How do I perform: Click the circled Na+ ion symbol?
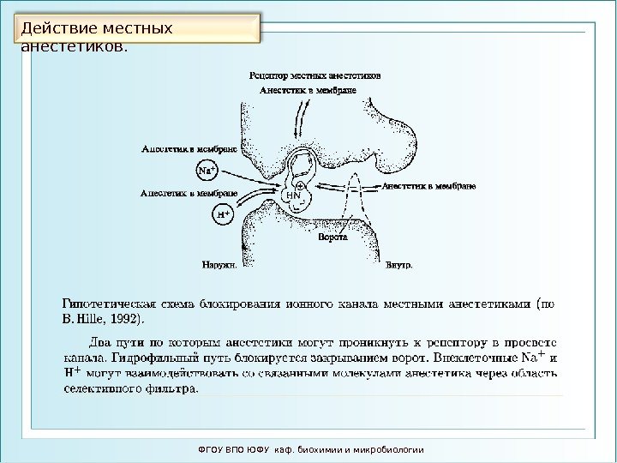[207, 170]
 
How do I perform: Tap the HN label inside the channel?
[293, 196]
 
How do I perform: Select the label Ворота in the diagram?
[331, 237]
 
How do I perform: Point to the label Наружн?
[221, 264]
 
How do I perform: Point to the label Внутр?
[398, 264]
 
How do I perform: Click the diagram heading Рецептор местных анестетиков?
[314, 75]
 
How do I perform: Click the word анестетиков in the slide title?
[73, 45]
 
